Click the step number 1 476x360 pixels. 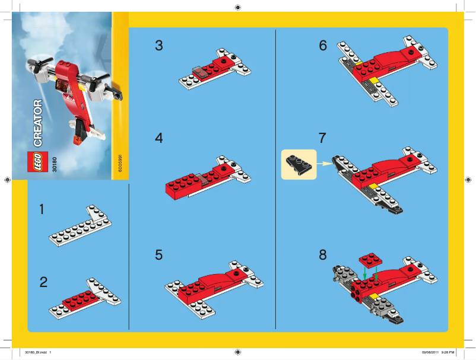tap(42, 209)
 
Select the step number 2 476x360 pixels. tap(43, 282)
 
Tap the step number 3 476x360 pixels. tap(158, 45)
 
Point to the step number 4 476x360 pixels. tap(158, 138)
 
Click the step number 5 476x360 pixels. tap(158, 254)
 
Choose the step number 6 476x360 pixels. tap(323, 45)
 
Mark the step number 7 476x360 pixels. tap(322, 138)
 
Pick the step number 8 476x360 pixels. tap(322, 254)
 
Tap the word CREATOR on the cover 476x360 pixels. tap(37, 124)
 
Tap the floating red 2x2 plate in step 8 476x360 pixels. tap(371, 260)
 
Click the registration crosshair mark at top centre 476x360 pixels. tap(237, 7)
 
